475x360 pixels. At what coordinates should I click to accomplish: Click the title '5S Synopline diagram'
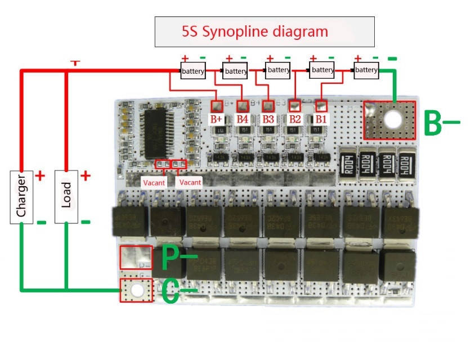click(x=264, y=31)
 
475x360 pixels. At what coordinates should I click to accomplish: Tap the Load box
click(x=66, y=196)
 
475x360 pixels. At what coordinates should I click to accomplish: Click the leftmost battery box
click(x=193, y=71)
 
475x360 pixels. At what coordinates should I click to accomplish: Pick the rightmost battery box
click(x=366, y=70)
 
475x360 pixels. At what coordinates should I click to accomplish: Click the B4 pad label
click(x=243, y=119)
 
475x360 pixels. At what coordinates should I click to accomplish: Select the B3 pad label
click(x=268, y=119)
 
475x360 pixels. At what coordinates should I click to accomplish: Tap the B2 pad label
click(x=294, y=119)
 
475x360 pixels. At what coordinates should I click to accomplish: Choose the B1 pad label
click(x=321, y=119)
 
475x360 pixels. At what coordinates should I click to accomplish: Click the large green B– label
click(x=441, y=124)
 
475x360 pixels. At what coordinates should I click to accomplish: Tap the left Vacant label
click(x=154, y=182)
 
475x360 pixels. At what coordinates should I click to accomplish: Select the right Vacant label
click(x=190, y=182)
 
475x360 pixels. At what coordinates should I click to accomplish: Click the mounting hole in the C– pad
click(x=136, y=290)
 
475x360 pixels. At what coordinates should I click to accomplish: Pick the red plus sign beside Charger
click(x=40, y=175)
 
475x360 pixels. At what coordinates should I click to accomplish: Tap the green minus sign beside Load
click(x=86, y=222)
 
